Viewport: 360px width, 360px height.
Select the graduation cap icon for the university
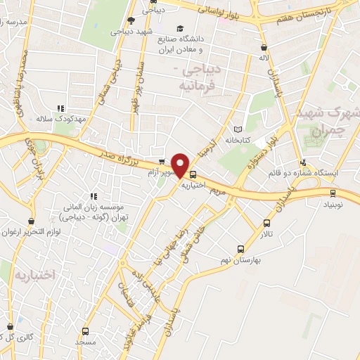click(180, 29)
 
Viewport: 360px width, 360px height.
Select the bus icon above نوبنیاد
click(333, 193)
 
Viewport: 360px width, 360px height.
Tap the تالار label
click(285, 231)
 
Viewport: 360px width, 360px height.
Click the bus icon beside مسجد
click(85, 331)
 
